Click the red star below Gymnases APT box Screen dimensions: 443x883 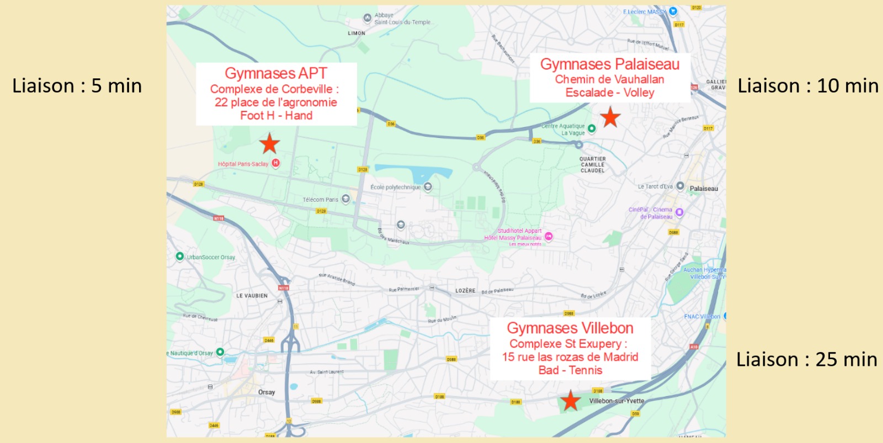pyautogui.click(x=269, y=143)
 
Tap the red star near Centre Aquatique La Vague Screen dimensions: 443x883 pyautogui.click(x=610, y=117)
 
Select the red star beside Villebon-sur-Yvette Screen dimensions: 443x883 pyautogui.click(x=570, y=401)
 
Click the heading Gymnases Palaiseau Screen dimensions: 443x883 pyautogui.click(x=609, y=65)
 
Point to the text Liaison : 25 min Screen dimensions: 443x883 pyautogui.click(x=806, y=360)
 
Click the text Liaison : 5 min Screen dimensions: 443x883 pyautogui.click(x=77, y=86)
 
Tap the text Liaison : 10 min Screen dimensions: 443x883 pyautogui.click(x=808, y=86)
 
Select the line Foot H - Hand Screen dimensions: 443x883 pyautogui.click(x=276, y=115)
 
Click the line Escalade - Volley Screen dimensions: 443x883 pyautogui.click(x=609, y=93)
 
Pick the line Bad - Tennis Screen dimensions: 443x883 pyautogui.click(x=570, y=370)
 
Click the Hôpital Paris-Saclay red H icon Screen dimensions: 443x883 pyautogui.click(x=275, y=163)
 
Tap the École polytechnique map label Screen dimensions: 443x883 pyautogui.click(x=395, y=188)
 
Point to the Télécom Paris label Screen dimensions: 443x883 pyautogui.click(x=320, y=200)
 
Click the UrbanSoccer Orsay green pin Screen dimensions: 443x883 pyautogui.click(x=179, y=256)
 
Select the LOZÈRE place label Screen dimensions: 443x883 pyautogui.click(x=465, y=291)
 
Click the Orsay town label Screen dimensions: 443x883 pyautogui.click(x=266, y=392)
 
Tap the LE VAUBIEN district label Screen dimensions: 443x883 pyautogui.click(x=252, y=296)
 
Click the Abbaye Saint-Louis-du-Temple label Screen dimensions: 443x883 pyautogui.click(x=403, y=19)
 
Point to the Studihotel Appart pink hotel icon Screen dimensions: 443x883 pyautogui.click(x=549, y=236)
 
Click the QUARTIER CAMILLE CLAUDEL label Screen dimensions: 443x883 pyautogui.click(x=592, y=164)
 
